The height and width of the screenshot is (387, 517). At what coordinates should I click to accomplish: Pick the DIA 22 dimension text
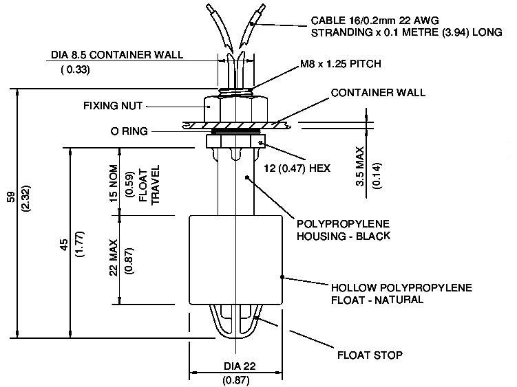(237, 366)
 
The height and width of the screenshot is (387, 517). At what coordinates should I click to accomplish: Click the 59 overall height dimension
(10, 196)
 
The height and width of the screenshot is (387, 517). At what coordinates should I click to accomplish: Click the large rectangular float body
(235, 259)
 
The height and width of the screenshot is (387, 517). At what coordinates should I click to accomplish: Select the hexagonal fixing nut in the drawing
(235, 107)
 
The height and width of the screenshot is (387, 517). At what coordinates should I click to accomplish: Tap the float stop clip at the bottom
(236, 323)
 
